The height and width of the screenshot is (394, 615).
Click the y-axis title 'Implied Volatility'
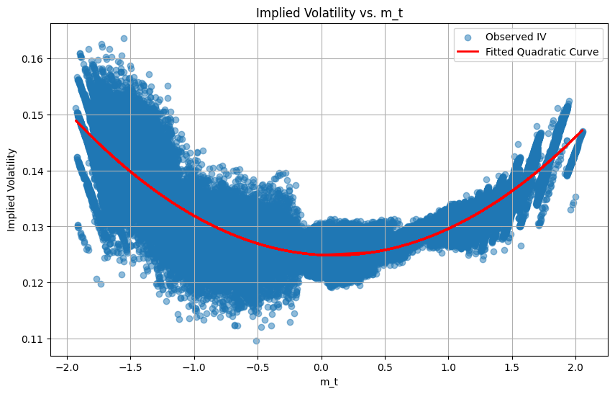pos(12,189)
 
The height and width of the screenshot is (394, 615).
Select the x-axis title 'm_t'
pos(329,382)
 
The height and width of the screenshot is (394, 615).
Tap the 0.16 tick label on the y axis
pos(32,58)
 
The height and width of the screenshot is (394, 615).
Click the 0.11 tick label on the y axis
pos(32,339)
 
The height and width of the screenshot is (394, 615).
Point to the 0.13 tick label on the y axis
pos(32,227)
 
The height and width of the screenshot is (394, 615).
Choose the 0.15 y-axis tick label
pos(32,115)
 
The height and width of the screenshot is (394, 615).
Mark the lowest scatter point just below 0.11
pos(256,341)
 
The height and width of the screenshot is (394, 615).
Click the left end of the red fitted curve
pos(76,120)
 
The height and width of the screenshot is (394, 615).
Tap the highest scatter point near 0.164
pos(124,38)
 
